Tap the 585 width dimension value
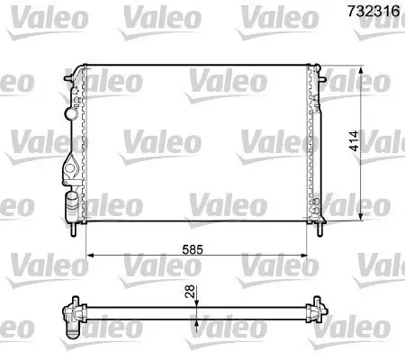click(203, 246)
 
